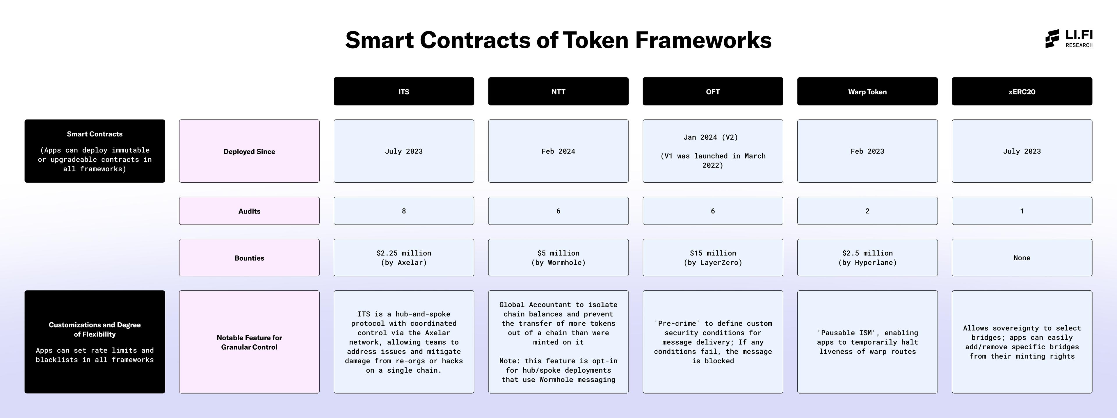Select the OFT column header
[x=712, y=92]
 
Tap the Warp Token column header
[x=867, y=92]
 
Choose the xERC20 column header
[x=1022, y=92]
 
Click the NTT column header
[x=558, y=92]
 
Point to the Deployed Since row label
[x=249, y=151]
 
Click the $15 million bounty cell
[x=712, y=257]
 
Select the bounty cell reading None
[x=1022, y=257]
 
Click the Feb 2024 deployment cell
[x=558, y=151]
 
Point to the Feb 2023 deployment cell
[x=867, y=151]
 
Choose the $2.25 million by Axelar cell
[x=404, y=257]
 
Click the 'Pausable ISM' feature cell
[x=867, y=342]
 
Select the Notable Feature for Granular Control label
[x=249, y=342]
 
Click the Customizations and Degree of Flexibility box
[x=95, y=342]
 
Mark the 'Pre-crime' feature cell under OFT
[x=712, y=342]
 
